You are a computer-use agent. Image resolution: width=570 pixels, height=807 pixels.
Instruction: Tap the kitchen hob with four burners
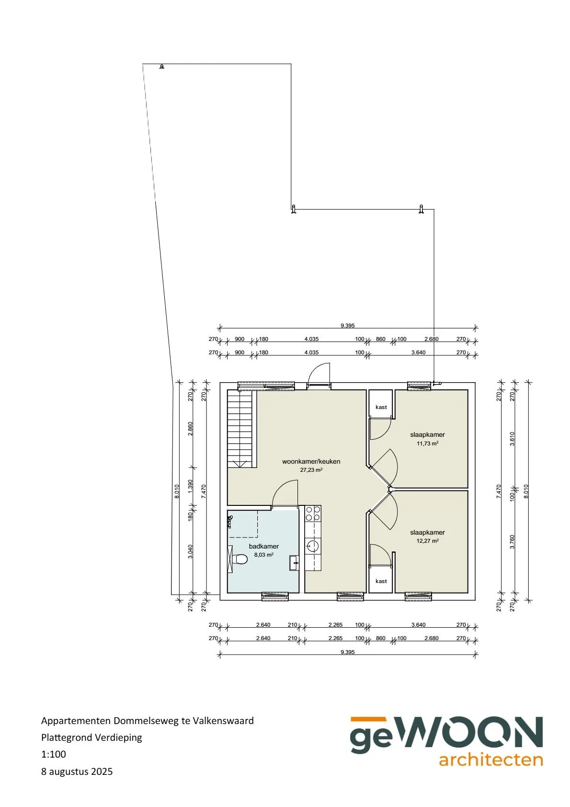click(313, 514)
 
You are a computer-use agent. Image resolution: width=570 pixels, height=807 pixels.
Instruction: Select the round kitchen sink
click(313, 546)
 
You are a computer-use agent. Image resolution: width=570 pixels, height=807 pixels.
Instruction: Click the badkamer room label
click(264, 546)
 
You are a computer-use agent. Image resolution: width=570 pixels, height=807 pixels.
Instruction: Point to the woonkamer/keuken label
click(311, 461)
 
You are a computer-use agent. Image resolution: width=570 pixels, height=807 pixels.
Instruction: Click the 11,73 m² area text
click(427, 444)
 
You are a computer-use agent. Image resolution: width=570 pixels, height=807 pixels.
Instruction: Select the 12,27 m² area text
click(427, 541)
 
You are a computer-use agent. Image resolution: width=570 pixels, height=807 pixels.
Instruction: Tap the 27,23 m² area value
click(311, 470)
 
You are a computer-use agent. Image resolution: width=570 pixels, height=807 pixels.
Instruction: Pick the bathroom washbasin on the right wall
click(294, 563)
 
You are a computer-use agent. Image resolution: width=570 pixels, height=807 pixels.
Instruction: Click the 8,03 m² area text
click(264, 555)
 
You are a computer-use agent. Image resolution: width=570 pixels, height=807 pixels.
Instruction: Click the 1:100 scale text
click(54, 754)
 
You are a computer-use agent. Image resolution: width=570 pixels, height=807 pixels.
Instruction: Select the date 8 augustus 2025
click(77, 772)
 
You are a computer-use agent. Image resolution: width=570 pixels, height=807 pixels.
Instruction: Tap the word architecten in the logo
click(491, 760)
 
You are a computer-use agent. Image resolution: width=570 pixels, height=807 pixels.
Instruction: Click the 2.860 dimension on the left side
click(190, 429)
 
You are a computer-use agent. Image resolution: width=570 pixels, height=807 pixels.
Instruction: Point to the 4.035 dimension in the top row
click(311, 339)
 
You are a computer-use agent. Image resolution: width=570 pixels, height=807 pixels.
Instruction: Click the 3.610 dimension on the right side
click(513, 439)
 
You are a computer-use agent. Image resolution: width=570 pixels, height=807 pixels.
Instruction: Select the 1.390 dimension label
click(190, 486)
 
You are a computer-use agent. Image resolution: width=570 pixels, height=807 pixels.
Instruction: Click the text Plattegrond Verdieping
click(91, 737)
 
